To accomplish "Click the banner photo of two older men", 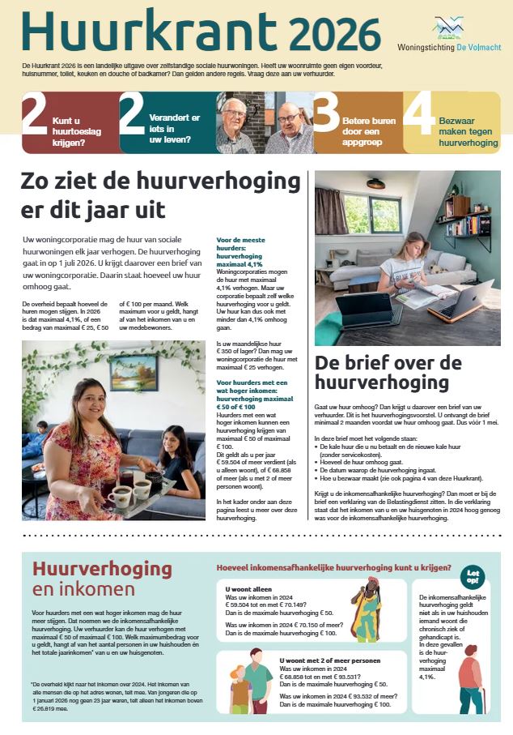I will click(265, 122).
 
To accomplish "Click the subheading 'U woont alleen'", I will click(249, 589).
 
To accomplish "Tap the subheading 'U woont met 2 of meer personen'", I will click(320, 660).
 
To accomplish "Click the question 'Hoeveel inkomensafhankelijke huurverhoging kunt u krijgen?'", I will click(332, 567).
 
